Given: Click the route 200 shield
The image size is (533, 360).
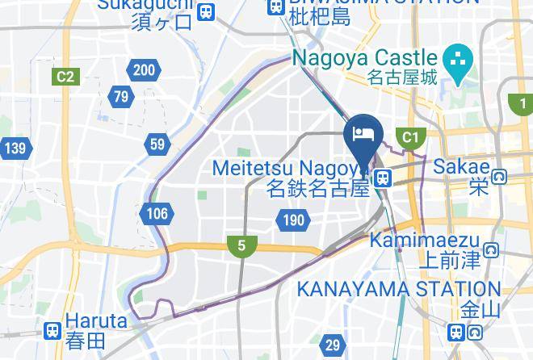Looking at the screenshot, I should pyautogui.click(x=144, y=70).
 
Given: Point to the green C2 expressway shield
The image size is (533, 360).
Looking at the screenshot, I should pyautogui.click(x=65, y=77).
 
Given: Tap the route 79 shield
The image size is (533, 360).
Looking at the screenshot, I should pyautogui.click(x=121, y=98).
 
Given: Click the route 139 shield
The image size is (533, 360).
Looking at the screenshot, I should pyautogui.click(x=15, y=148).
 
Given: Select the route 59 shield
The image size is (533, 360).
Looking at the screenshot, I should pyautogui.click(x=157, y=145).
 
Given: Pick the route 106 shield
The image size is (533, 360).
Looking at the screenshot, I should pyautogui.click(x=157, y=214).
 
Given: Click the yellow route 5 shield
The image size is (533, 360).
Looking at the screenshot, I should pyautogui.click(x=241, y=246).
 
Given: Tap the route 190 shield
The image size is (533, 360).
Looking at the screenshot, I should pyautogui.click(x=293, y=220).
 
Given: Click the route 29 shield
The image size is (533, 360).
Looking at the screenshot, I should pyautogui.click(x=333, y=345).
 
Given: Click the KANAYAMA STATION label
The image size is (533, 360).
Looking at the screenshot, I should pyautogui.click(x=399, y=288).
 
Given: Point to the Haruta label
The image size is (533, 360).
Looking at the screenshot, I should pyautogui.click(x=96, y=320).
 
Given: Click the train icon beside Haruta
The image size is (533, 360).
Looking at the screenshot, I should pyautogui.click(x=53, y=330).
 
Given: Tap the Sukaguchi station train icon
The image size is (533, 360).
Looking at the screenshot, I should pyautogui.click(x=207, y=11).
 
